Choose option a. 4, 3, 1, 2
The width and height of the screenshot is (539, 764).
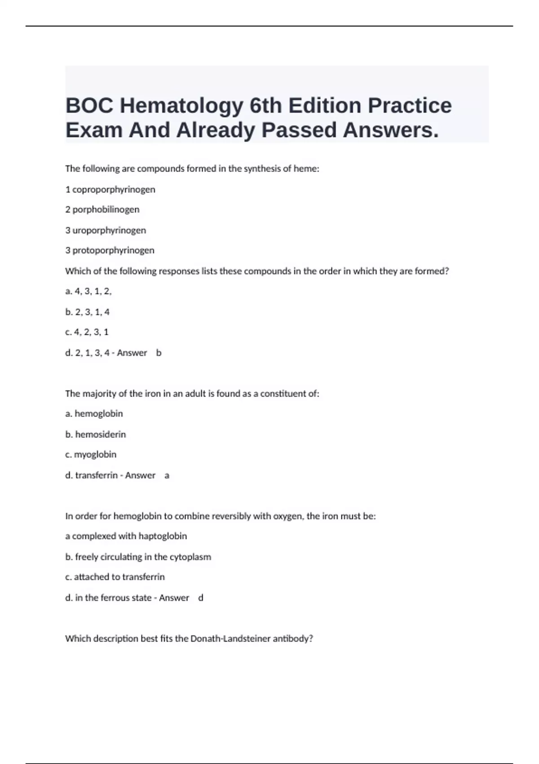[x=88, y=291]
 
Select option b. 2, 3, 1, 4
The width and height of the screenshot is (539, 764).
[x=88, y=312]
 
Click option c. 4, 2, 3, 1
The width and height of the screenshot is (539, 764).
[x=87, y=332]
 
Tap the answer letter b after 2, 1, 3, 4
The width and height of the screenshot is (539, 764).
[x=159, y=353]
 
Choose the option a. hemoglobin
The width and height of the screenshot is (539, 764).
[x=94, y=413]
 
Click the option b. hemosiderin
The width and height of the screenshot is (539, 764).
[x=96, y=434]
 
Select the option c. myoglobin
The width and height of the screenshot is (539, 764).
[x=91, y=454]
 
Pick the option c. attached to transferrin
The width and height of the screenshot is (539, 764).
[x=115, y=577]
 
